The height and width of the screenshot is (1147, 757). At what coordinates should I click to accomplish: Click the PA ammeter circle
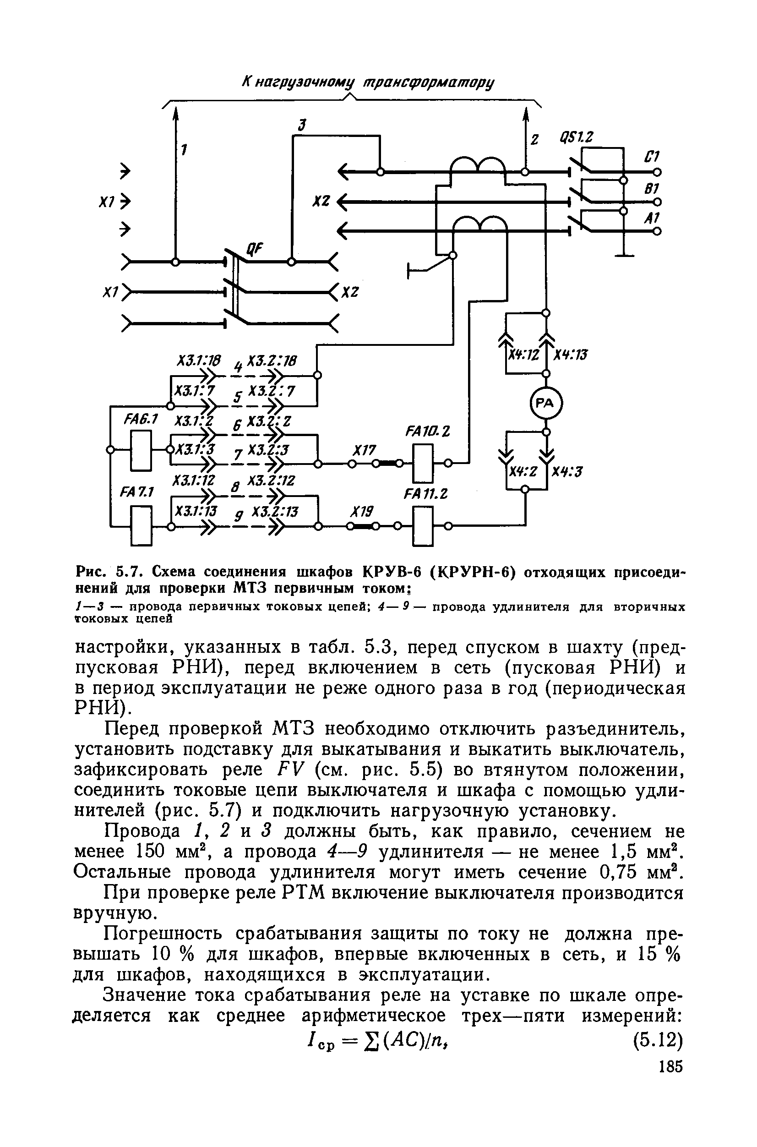point(546,403)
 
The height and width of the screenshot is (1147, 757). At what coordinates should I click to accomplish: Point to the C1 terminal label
point(652,158)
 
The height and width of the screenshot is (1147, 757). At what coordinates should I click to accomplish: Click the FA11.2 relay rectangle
point(423,526)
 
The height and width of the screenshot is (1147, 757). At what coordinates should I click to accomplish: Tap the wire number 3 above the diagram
point(302,126)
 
